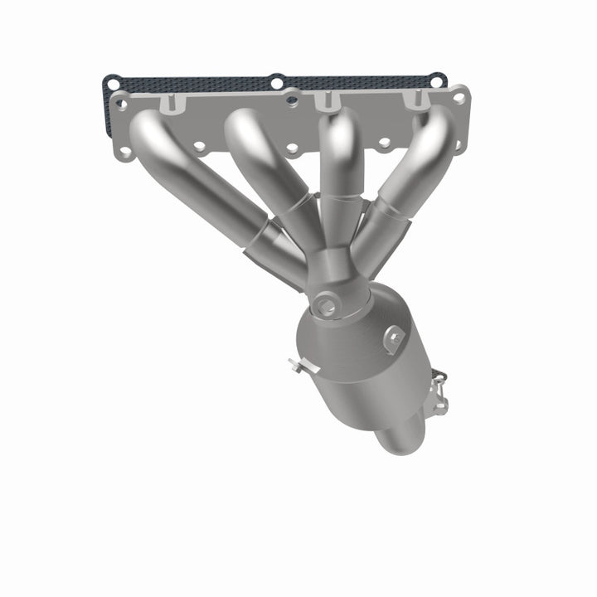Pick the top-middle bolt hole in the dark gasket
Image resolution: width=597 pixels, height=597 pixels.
[276, 81]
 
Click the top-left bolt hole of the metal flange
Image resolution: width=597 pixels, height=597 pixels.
[123, 104]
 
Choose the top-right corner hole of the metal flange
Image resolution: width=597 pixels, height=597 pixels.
[458, 97]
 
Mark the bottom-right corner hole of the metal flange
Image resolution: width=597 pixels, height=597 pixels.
[457, 145]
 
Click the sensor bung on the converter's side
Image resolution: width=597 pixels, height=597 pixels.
[394, 336]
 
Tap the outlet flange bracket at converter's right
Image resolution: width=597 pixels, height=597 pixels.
[437, 390]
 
